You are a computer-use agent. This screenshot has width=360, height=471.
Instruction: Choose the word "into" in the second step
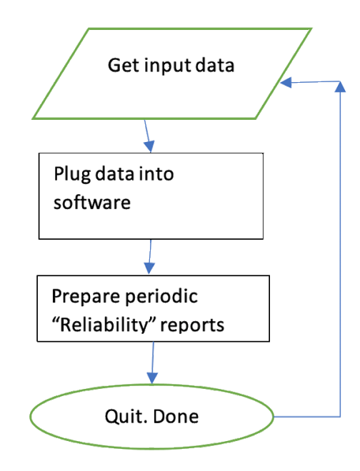157,174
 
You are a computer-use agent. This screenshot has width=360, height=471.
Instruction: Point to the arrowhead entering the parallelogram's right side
286,83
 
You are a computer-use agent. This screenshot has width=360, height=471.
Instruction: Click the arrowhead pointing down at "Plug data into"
149,146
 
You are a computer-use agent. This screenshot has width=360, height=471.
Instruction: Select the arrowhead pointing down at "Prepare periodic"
149,268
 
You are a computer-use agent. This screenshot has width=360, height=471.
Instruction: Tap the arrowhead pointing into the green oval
151,376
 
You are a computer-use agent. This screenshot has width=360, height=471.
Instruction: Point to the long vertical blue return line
338,250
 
